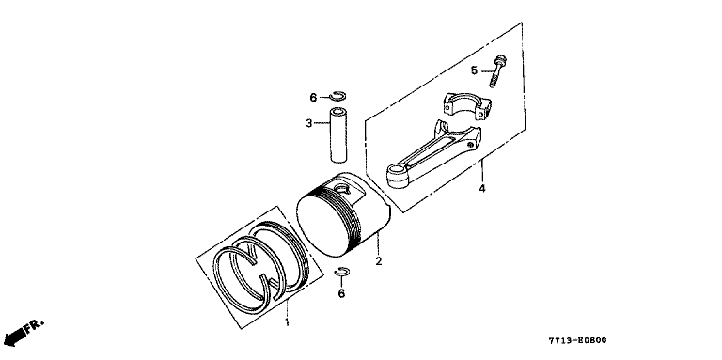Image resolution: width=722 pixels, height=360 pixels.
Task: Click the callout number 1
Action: [x=288, y=321]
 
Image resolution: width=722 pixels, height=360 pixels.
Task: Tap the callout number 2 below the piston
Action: [x=379, y=261]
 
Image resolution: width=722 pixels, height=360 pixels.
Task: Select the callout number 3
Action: [x=309, y=123]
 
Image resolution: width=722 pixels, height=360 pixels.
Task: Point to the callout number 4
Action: [x=482, y=189]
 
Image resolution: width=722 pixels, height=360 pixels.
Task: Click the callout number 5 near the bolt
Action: [x=474, y=70]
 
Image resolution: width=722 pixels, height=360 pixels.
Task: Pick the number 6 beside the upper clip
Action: [x=313, y=98]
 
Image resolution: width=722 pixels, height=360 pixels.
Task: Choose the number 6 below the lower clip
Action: [x=341, y=293]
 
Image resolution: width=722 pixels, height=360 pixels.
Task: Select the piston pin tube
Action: [x=338, y=135]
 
